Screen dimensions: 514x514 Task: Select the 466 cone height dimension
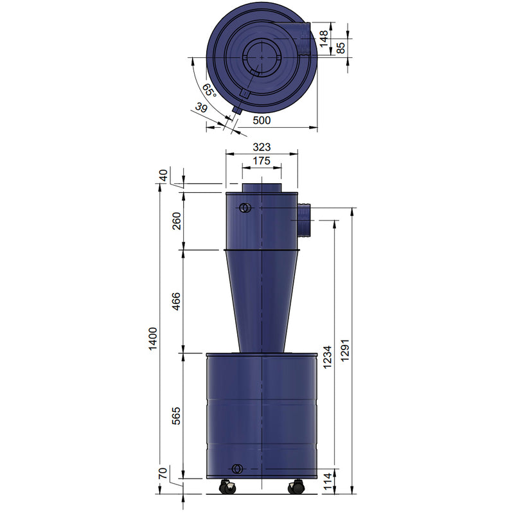176,301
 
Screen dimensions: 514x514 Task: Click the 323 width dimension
261,147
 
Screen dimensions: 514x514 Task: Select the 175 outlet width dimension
261,161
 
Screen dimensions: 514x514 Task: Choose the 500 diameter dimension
261,120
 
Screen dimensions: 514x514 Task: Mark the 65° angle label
210,90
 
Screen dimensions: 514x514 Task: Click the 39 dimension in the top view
202,108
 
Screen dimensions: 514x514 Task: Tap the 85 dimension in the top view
342,47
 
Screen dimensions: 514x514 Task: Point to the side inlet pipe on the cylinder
304,219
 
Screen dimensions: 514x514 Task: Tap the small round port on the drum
237,468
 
